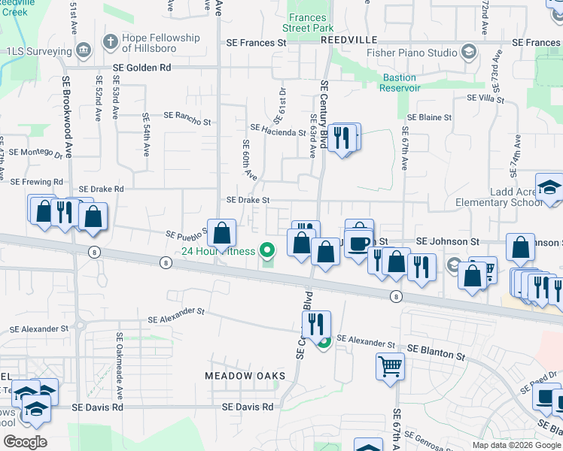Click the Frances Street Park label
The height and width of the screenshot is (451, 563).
coord(307,23)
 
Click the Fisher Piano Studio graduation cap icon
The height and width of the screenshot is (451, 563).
coord(468,52)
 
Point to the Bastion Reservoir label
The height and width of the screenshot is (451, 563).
coord(400,83)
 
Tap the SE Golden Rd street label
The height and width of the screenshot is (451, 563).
coord(142,68)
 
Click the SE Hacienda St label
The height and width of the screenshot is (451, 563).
coord(278,132)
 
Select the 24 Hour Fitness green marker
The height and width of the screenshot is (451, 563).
coord(266,250)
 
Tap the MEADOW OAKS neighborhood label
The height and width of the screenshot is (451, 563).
coord(245,375)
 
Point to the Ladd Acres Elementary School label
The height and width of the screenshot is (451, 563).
coord(499,197)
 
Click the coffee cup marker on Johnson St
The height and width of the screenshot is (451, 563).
coord(359,243)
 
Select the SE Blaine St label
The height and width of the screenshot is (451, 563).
coord(429,118)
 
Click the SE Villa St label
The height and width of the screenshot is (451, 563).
coord(485,98)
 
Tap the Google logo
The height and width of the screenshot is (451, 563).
coord(25,441)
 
